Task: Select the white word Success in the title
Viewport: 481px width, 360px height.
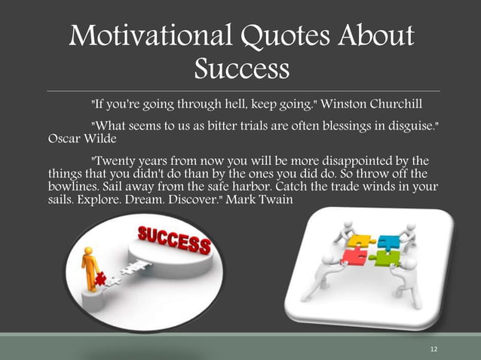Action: tap(241, 69)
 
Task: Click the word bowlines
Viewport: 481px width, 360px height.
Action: tap(72, 188)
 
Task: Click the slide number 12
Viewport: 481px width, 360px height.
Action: tap(434, 348)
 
